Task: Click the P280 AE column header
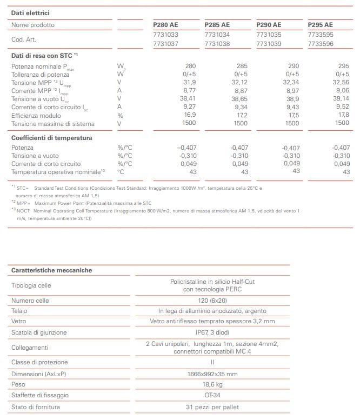[165, 25]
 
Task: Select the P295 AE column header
[321, 25]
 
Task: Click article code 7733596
[320, 44]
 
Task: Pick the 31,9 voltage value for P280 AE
[189, 82]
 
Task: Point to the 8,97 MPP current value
[292, 90]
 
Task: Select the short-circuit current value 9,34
[241, 107]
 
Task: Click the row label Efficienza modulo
[36, 115]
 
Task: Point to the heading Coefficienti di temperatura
[52, 138]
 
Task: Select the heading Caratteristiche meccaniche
[51, 270]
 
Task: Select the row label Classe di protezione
[39, 362]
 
